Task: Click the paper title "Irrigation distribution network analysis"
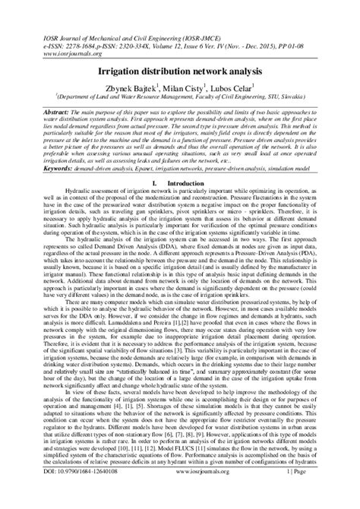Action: click(x=181, y=68)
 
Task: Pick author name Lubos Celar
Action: click(x=231, y=85)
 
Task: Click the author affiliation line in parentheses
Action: click(x=181, y=96)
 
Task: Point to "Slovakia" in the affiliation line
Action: click(x=298, y=96)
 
